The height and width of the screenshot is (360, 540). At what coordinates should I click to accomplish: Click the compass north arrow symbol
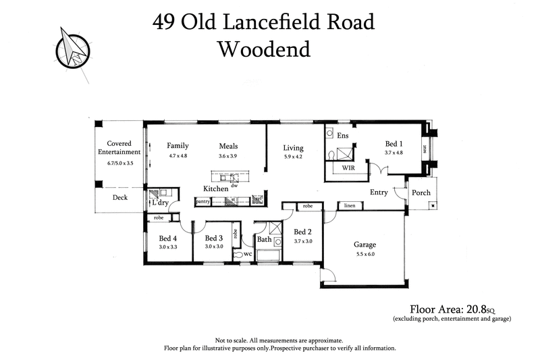point(73,47)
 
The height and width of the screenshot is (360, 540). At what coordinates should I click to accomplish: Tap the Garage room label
point(364,245)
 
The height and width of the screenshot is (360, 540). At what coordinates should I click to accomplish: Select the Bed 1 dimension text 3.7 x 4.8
point(394,153)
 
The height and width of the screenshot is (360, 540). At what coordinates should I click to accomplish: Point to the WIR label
point(348,167)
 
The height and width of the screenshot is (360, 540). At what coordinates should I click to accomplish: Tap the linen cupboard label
point(350,205)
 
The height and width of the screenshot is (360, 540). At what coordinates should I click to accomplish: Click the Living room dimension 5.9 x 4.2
point(293,157)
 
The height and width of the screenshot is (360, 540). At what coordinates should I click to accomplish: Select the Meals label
point(228,146)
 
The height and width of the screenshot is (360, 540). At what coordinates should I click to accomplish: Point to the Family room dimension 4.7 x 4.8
point(178,156)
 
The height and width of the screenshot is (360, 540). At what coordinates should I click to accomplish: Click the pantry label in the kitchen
point(202,201)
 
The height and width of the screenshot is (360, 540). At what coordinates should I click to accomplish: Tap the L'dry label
point(160,203)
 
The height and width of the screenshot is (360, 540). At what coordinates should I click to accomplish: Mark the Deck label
point(119,198)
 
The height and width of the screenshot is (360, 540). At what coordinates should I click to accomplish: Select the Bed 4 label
point(168,238)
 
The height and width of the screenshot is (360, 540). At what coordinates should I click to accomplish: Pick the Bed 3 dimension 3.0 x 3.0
point(213,247)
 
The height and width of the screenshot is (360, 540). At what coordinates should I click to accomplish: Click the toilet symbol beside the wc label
point(237,255)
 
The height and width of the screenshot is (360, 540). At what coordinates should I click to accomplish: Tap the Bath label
point(263,240)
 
